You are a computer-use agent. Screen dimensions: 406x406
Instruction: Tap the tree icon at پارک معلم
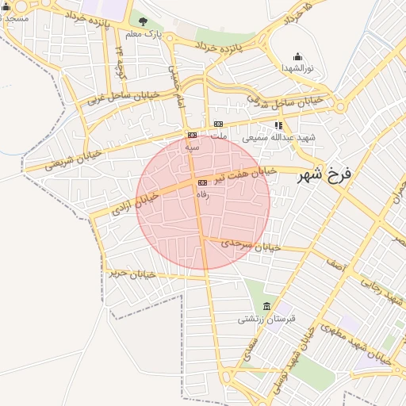tap(144, 21)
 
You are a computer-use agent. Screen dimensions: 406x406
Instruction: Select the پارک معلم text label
tap(143, 34)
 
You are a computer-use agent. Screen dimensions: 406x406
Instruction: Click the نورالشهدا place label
tap(297, 69)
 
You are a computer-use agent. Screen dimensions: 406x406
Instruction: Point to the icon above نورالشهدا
tap(297, 56)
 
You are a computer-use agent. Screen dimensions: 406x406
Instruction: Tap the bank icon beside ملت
tap(218, 124)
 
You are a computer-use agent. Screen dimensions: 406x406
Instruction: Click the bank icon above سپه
tap(192, 136)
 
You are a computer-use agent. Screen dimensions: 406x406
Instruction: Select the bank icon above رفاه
tap(201, 182)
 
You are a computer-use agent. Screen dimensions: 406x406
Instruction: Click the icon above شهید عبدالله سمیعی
tap(278, 125)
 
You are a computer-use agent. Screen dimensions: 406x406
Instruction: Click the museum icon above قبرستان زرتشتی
tap(266, 307)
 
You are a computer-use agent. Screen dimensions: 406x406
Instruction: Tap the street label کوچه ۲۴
tap(121, 56)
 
